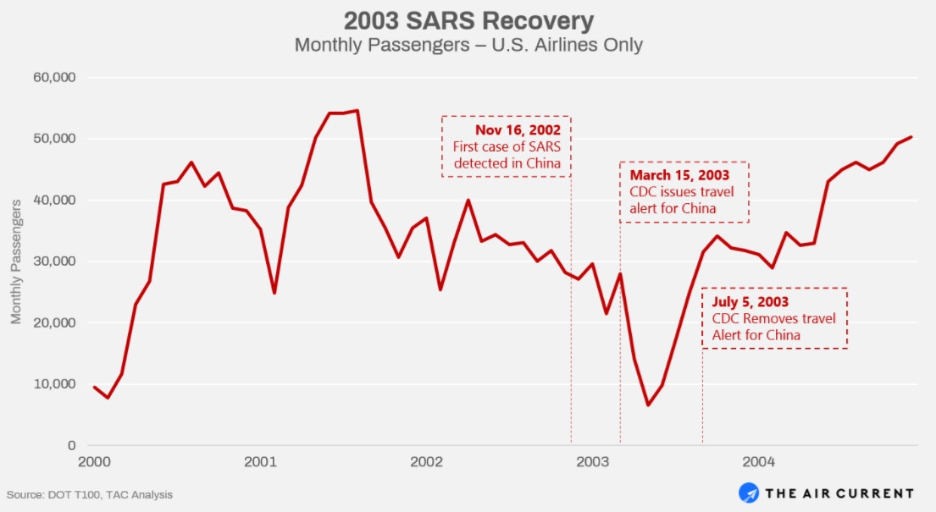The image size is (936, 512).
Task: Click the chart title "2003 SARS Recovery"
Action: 468,20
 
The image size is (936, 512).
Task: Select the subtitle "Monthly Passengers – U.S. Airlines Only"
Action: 468,45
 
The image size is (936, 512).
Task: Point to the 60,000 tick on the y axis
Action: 53,78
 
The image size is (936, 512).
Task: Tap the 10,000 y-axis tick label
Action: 53,384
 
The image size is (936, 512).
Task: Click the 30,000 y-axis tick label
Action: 53,262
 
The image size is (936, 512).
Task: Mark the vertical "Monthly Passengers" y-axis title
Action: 16,262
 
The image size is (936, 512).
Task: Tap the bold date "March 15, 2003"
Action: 679,175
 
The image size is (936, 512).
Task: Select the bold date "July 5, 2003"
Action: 750,301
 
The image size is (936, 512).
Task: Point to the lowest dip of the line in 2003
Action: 648,405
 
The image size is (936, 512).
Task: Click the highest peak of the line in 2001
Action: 357,110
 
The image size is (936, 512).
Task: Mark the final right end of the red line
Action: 911,136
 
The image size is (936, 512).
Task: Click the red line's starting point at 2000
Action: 94,387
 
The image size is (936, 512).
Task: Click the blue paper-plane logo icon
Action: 750,493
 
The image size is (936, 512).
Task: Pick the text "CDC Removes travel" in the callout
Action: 773,318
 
